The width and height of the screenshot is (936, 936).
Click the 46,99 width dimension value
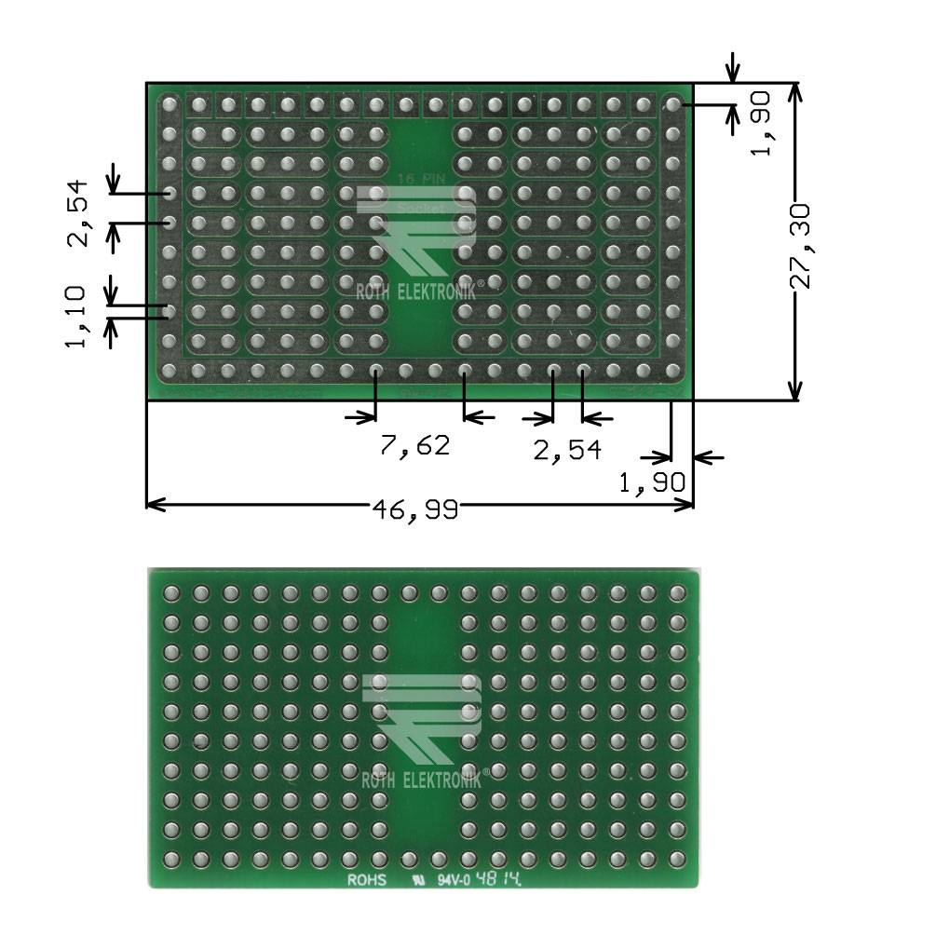(x=414, y=509)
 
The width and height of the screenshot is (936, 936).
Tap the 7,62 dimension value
(x=414, y=445)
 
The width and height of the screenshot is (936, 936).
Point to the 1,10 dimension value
(x=76, y=317)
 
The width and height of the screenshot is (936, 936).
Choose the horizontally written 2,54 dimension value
(x=566, y=450)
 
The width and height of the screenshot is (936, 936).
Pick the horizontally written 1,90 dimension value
(x=653, y=482)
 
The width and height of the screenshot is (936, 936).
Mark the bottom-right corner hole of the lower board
(x=676, y=858)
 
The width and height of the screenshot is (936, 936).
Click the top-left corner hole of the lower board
(x=170, y=593)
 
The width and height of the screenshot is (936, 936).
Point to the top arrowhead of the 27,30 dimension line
(x=794, y=89)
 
